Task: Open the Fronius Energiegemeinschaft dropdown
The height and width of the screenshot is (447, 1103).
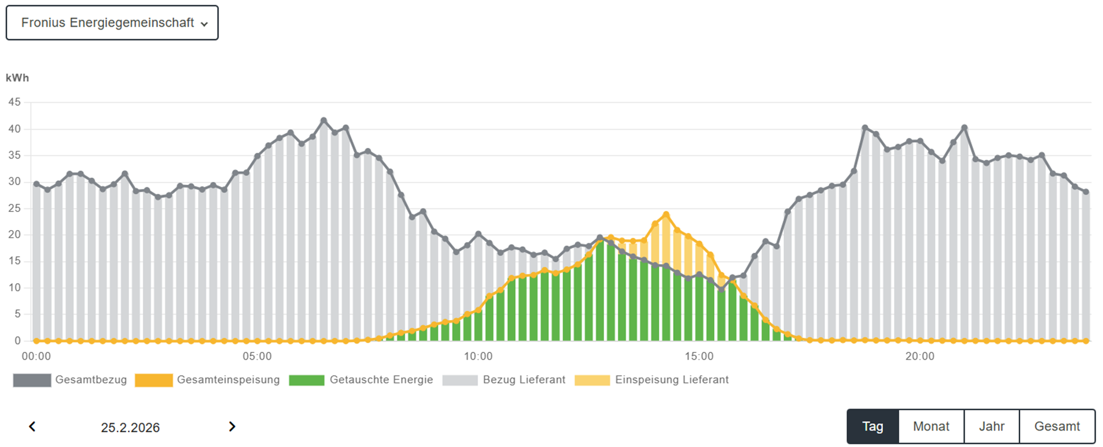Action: point(112,23)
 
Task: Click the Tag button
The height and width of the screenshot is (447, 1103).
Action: point(873,427)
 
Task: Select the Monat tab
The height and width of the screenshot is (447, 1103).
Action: point(931,427)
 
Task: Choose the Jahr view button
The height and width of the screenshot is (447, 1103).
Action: point(991,427)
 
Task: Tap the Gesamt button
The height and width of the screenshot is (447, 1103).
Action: point(1057,427)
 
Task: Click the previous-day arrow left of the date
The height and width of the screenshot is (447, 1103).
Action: point(32,427)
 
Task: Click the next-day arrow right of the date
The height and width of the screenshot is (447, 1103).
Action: point(232,427)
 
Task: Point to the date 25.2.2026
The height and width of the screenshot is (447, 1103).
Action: point(130,428)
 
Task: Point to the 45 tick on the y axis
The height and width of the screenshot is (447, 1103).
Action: point(14,103)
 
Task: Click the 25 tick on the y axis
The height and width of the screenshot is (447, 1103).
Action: point(14,208)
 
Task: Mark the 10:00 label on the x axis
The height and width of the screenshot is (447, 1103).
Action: point(478,356)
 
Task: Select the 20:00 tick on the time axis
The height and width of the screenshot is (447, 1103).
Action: point(920,356)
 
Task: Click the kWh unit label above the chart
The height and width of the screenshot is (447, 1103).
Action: point(17,78)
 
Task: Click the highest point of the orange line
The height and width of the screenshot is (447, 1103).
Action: point(666,215)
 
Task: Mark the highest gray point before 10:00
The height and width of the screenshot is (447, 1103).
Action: point(324,121)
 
